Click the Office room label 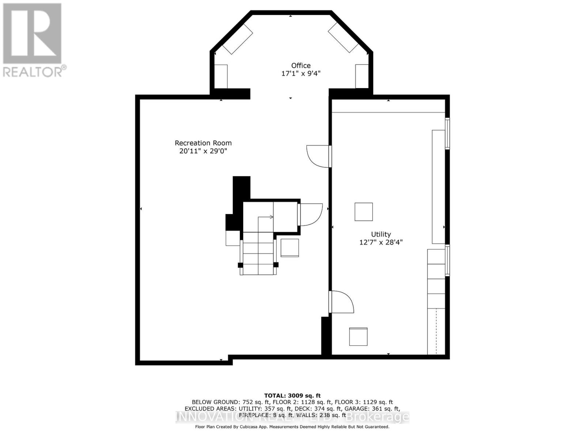tap(301, 65)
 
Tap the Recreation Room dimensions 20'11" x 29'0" tap(203, 151)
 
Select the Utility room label tap(381, 234)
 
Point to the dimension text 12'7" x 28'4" tap(381, 242)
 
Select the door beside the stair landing tap(310, 215)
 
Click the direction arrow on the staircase tap(271, 217)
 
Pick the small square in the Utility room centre tap(363, 212)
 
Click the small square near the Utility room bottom tap(358, 337)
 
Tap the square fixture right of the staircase tap(290, 248)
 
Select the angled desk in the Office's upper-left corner tap(238, 40)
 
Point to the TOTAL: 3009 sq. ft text tap(292, 395)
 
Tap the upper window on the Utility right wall tap(447, 133)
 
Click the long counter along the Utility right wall tap(438, 187)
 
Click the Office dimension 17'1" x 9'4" tap(301, 74)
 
